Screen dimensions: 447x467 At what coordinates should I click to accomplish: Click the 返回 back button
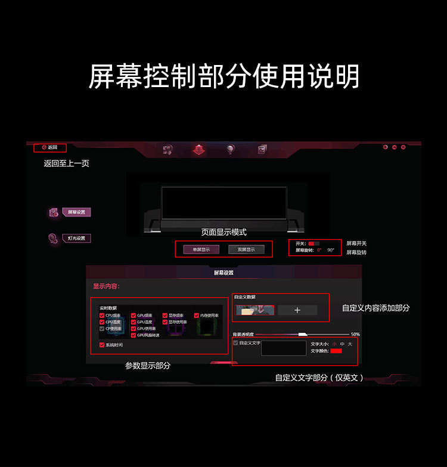[50, 147]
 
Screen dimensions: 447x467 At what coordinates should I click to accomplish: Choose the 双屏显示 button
[246, 249]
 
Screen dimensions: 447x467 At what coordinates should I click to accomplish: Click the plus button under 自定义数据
[297, 310]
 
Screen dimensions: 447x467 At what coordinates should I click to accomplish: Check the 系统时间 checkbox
[102, 345]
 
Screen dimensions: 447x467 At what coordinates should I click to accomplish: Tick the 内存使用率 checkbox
[197, 315]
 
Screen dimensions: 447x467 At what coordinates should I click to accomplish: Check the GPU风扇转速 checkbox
[134, 335]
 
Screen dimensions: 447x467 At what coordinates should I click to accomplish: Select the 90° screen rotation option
[331, 250]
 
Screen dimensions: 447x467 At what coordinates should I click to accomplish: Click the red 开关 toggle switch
[314, 243]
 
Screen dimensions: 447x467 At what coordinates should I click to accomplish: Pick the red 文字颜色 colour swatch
[337, 351]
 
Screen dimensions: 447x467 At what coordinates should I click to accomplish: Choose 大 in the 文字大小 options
[350, 344]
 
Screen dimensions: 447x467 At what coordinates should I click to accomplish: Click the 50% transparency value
[355, 335]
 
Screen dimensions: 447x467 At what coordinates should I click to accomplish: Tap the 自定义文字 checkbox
[235, 343]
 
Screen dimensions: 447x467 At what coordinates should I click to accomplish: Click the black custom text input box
[284, 349]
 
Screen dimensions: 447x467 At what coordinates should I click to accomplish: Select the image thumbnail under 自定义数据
[255, 310]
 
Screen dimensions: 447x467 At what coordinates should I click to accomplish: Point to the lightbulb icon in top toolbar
[230, 150]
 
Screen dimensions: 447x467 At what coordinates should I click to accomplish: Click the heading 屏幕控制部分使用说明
[223, 76]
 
